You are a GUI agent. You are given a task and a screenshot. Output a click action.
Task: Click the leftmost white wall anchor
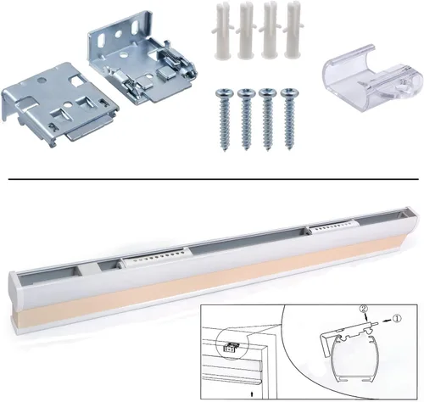pyautogui.click(x=222, y=31)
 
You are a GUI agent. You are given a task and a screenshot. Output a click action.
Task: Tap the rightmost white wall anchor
pyautogui.click(x=292, y=31)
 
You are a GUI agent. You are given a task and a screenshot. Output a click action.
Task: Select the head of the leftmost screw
pyautogui.click(x=225, y=93)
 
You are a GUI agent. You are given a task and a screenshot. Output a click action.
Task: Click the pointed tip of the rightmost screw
pyautogui.click(x=289, y=148)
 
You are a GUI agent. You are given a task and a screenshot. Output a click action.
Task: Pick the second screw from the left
pyautogui.click(x=246, y=119)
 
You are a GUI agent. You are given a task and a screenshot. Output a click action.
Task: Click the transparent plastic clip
pyautogui.click(x=371, y=78)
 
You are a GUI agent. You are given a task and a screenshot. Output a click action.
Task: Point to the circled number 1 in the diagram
pyautogui.click(x=397, y=319)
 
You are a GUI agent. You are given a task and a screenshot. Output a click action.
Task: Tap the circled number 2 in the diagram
pyautogui.click(x=364, y=309)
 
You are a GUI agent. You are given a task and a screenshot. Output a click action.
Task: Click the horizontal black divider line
pyautogui.click(x=214, y=179)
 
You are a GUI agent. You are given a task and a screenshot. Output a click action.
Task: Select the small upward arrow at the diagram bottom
pyautogui.click(x=252, y=394)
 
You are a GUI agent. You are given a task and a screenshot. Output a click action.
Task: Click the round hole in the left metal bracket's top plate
pyautogui.click(x=42, y=80)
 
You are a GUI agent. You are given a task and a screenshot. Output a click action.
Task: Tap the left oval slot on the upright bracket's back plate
pyautogui.click(x=101, y=41)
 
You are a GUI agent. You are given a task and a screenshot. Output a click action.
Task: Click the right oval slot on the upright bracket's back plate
pyautogui.click(x=135, y=26)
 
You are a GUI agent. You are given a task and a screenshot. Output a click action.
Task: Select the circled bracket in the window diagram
pyautogui.click(x=232, y=347)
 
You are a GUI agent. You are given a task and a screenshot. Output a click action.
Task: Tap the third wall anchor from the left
pyautogui.click(x=269, y=31)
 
